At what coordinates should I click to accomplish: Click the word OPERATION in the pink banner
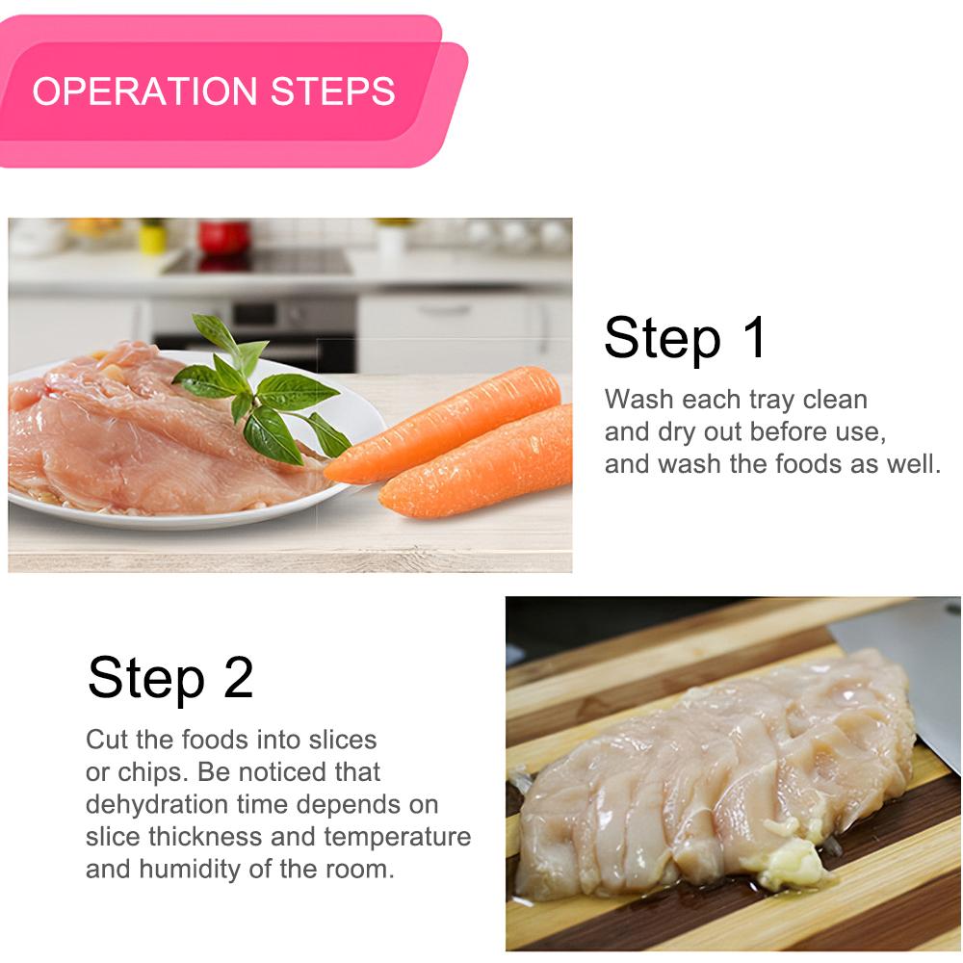coord(144,91)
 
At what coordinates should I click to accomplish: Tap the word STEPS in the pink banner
coord(333,91)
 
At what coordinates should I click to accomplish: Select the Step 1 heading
coord(685,338)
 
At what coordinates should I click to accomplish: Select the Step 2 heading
coord(170,678)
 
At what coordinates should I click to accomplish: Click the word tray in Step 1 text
coord(770,401)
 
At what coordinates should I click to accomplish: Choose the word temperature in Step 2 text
coord(398,838)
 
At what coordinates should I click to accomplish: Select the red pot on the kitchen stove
coord(223,237)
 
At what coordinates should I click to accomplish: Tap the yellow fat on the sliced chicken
coord(793,861)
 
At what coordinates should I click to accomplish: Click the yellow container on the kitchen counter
coord(152,236)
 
